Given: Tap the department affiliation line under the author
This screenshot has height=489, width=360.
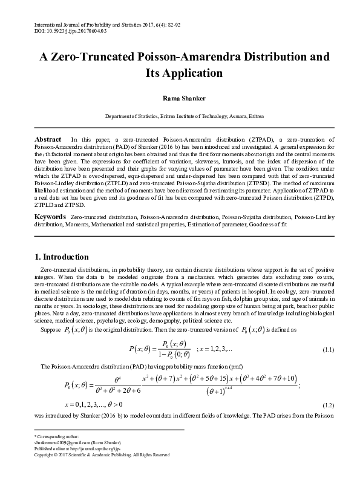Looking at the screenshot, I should coord(180,115).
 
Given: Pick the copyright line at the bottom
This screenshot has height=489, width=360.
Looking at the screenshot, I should coord(94,455).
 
